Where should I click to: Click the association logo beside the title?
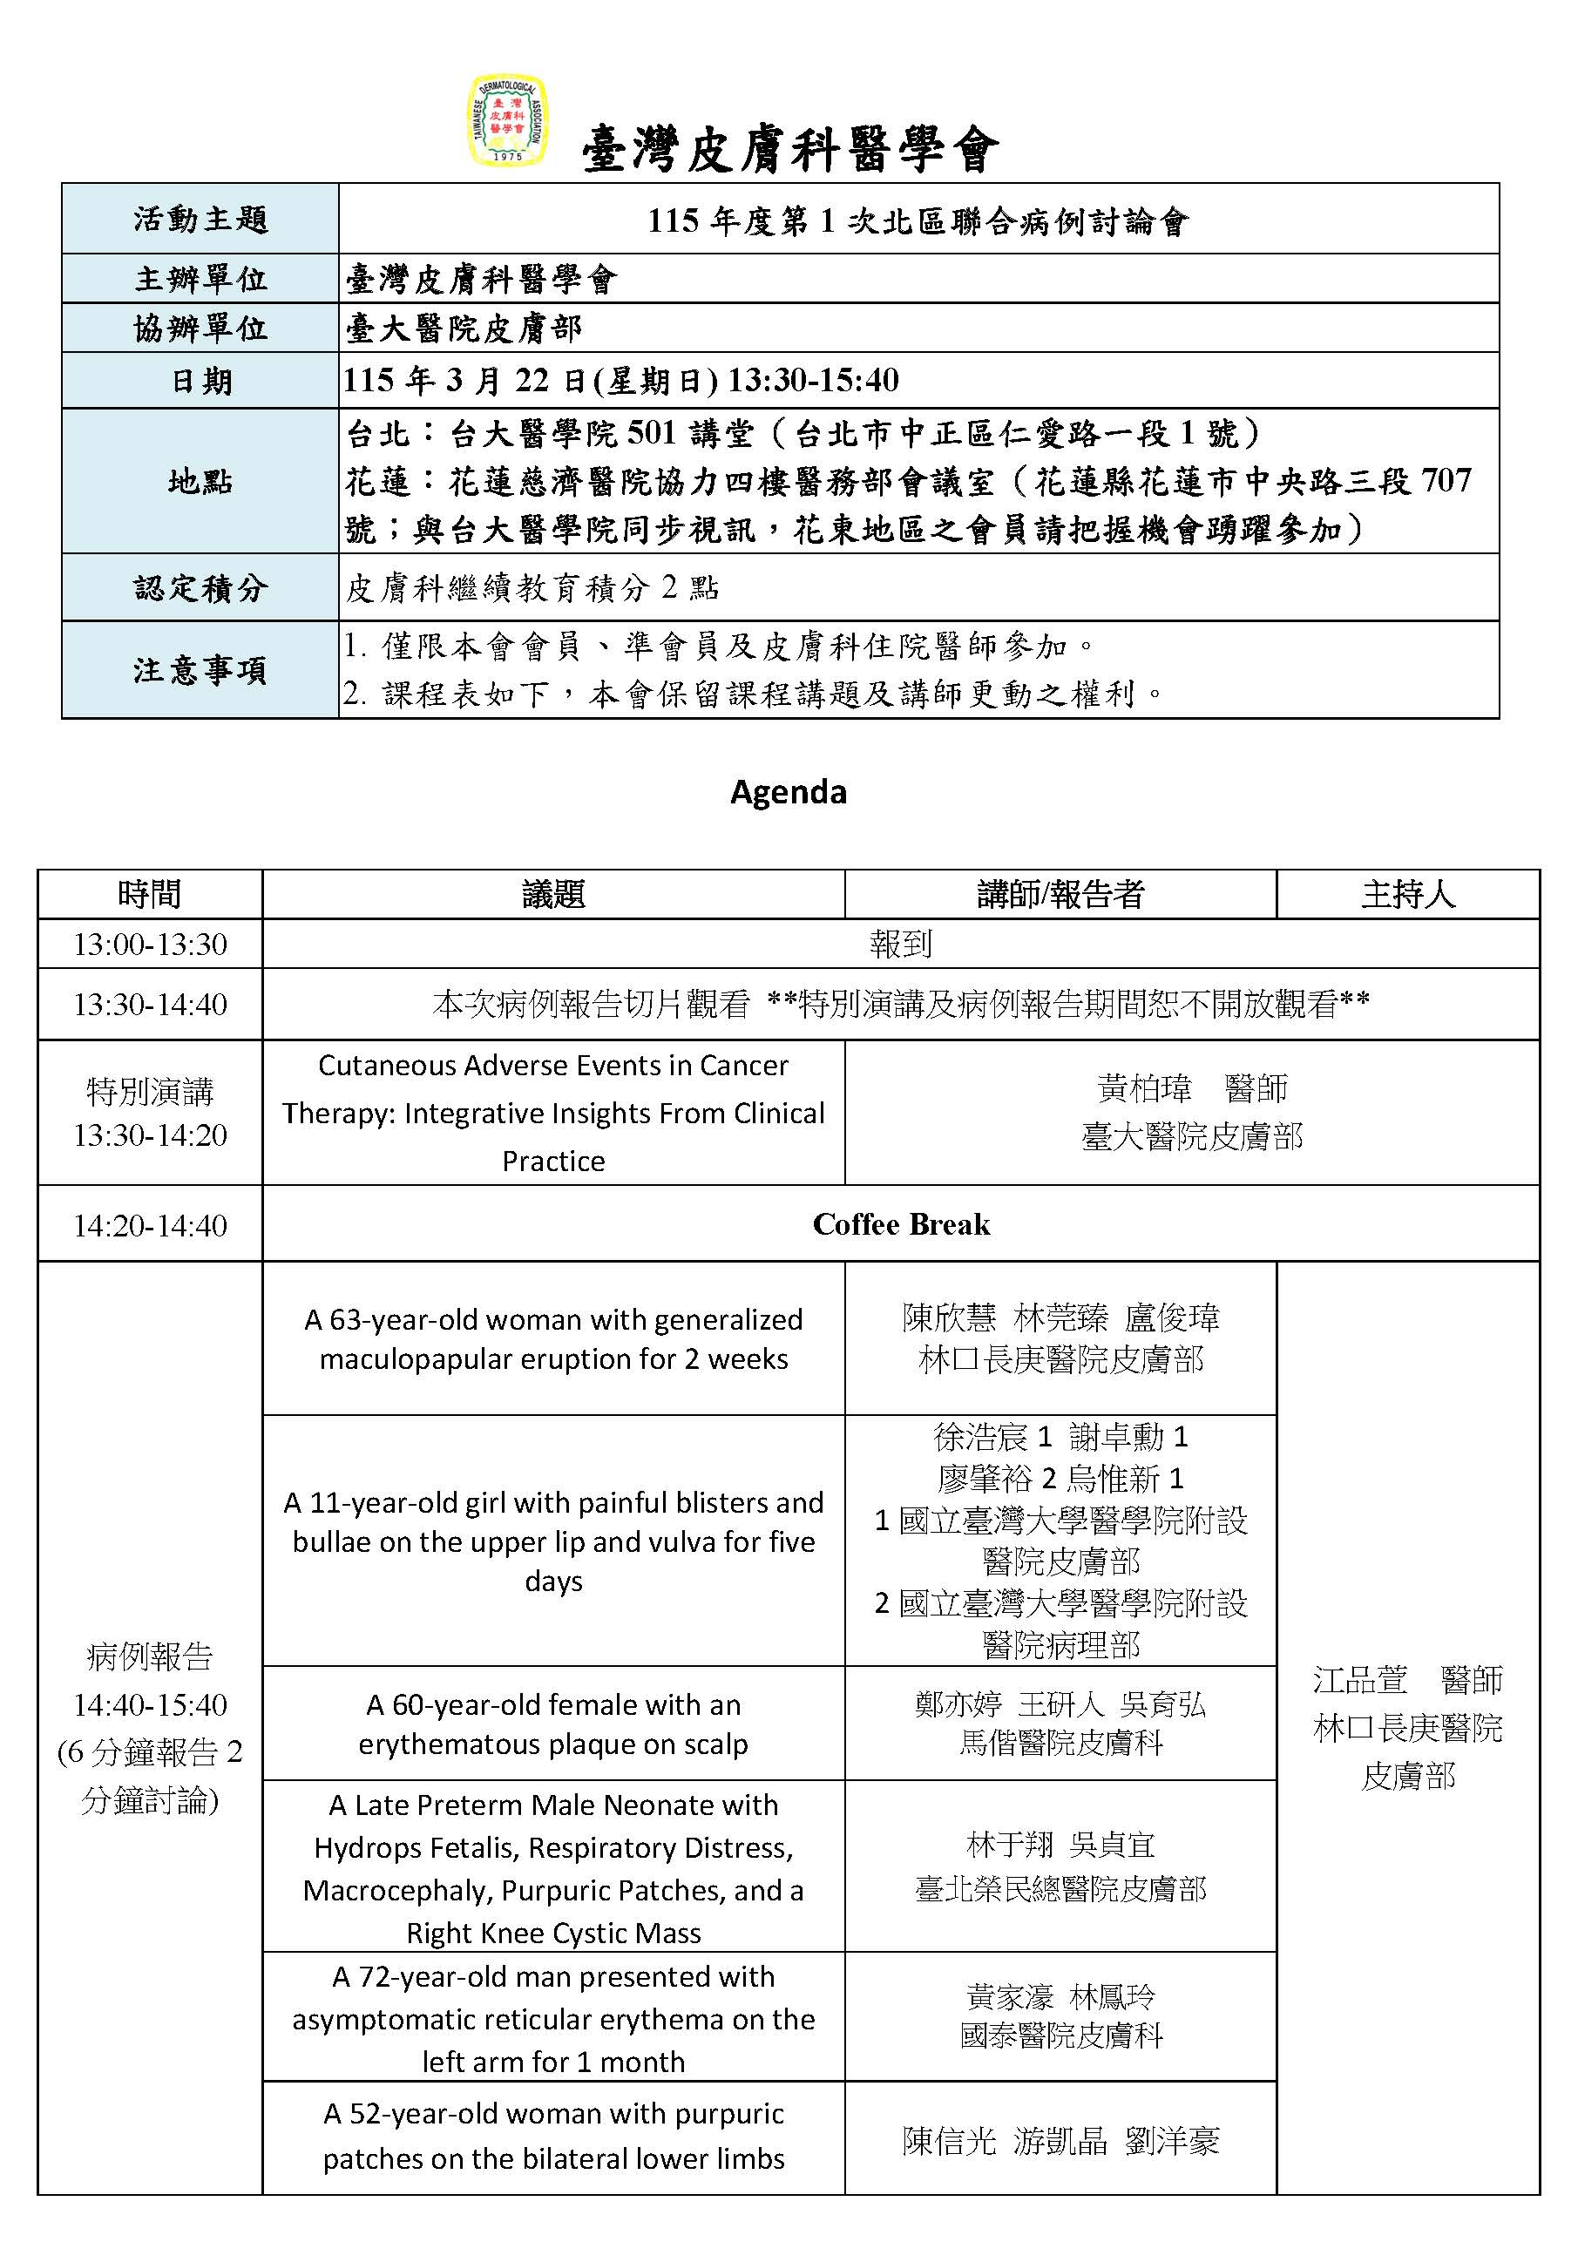[x=507, y=121]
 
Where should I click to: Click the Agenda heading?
[x=788, y=791]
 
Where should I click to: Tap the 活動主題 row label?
[x=200, y=219]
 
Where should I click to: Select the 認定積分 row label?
[x=200, y=588]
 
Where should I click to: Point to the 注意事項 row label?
[x=200, y=670]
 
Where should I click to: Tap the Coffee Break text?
[x=900, y=1224]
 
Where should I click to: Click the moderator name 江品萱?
[x=1360, y=1681]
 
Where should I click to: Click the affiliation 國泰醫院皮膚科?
[x=1060, y=2035]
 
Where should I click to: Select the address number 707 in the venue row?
[x=1446, y=480]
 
